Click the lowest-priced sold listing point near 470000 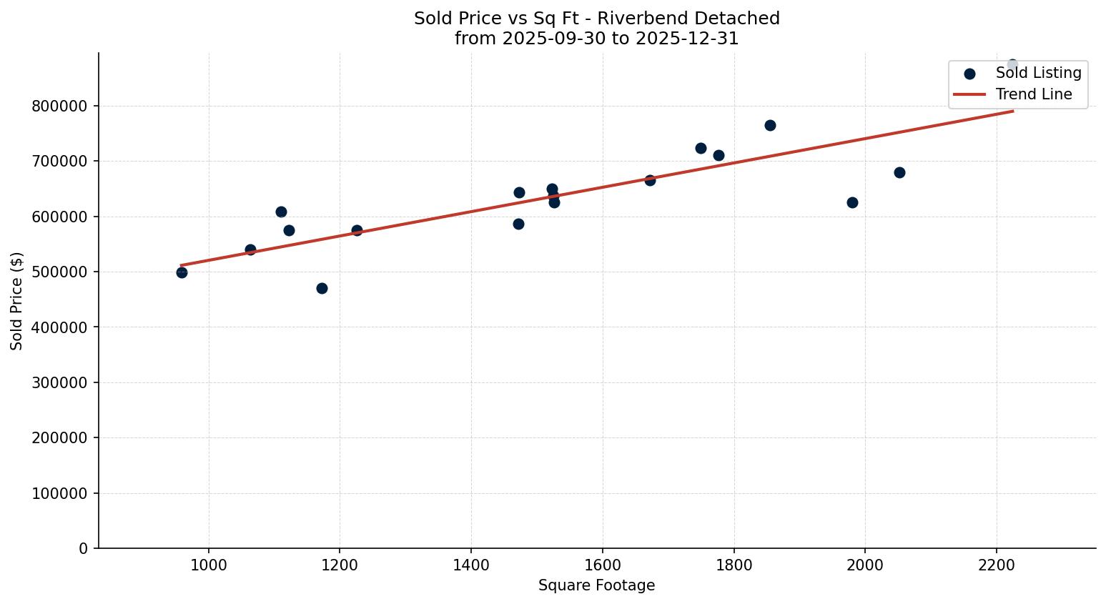(x=322, y=288)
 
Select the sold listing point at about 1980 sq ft (x=852, y=202)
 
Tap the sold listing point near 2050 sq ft (x=899, y=172)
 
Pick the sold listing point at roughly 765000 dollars (x=770, y=125)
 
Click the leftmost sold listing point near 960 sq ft (x=182, y=272)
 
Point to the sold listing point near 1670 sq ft (x=650, y=180)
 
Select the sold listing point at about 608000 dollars (x=281, y=212)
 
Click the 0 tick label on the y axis (x=84, y=549)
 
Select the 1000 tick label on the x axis (x=209, y=564)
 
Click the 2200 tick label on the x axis (x=997, y=564)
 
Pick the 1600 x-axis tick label (x=603, y=564)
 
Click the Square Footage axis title (x=596, y=586)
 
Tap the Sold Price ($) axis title (x=16, y=301)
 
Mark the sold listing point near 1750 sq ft (x=701, y=148)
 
